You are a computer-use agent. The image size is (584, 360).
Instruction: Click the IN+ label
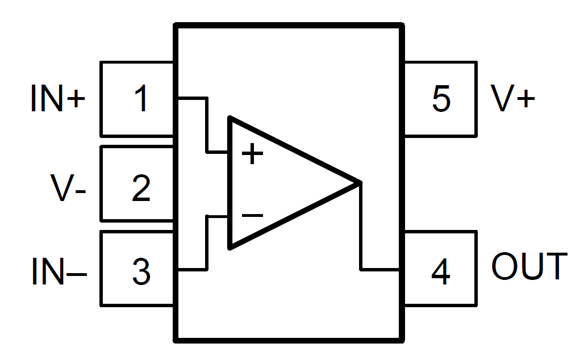(x=57, y=99)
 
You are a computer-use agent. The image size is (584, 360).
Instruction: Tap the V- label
(x=68, y=188)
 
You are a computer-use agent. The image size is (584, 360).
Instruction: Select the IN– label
(x=59, y=271)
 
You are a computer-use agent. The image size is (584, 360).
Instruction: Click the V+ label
(x=513, y=99)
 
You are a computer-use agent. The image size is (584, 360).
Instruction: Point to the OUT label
(x=529, y=266)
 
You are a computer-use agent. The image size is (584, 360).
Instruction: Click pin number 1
(x=140, y=99)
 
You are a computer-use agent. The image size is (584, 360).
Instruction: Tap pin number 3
(x=140, y=271)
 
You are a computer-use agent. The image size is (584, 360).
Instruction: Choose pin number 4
(x=440, y=271)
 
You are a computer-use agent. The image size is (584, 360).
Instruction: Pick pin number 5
(x=441, y=99)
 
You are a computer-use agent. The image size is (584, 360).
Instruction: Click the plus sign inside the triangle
(x=252, y=154)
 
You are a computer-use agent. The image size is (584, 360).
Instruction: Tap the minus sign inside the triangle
(x=252, y=216)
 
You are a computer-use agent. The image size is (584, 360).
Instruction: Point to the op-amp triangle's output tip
(x=359, y=182)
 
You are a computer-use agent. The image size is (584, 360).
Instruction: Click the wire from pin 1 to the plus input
(x=206, y=125)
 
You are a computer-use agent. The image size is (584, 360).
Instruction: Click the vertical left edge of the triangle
(x=230, y=182)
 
